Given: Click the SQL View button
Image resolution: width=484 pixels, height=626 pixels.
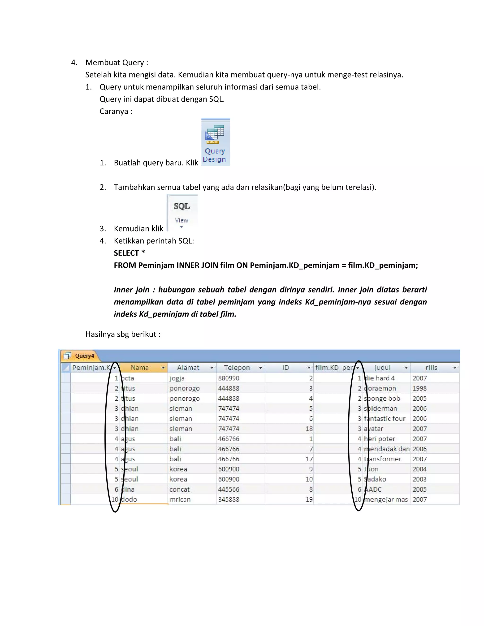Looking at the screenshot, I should point(182,212).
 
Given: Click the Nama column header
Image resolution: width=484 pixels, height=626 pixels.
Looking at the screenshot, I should point(140,368).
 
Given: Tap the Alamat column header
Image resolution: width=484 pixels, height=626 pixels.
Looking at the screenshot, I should point(188,368).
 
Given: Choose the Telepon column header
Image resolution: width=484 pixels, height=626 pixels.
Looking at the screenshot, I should point(237,368).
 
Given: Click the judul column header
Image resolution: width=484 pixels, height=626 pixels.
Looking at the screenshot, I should point(383,368).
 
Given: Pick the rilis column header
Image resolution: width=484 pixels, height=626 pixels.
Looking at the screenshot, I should point(431,368).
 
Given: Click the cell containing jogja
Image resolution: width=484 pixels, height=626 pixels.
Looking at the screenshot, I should point(177,378).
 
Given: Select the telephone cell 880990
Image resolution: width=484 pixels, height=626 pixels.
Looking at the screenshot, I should point(229,378).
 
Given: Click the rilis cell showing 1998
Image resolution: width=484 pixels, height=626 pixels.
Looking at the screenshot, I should point(420,388).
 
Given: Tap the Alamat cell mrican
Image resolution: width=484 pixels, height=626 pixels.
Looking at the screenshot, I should point(180,499).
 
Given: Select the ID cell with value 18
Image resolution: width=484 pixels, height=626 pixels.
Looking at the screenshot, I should point(309,429).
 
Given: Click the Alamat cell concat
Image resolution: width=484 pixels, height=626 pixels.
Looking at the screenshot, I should point(180,489).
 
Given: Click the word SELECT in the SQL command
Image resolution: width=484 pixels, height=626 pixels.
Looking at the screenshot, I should point(126,253).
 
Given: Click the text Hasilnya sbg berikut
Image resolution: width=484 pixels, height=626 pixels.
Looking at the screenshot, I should point(123,334).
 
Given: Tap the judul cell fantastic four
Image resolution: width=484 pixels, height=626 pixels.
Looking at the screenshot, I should point(385,419).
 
